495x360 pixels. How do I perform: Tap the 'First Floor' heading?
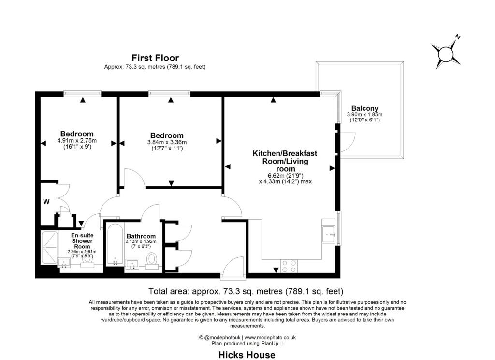pos(155,58)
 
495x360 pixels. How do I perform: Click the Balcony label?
pos(364,108)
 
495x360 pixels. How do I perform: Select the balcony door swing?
pos(347,142)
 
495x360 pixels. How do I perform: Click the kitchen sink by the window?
pos(329,235)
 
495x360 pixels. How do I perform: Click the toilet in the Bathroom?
pos(152,261)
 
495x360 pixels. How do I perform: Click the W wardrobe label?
pos(46,202)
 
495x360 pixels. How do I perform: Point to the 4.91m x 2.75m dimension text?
pos(77,141)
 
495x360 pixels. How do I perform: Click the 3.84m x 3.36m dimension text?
pos(167,142)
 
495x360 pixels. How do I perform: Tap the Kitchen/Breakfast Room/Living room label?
pos(285,161)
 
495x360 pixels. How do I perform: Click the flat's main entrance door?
pos(233,268)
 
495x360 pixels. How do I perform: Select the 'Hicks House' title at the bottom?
pos(247,355)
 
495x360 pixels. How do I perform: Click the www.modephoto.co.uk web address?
pos(270,338)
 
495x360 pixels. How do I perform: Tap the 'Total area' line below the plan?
pos(246,291)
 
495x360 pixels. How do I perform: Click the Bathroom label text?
pos(141,236)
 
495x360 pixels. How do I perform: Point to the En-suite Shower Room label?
pos(82,241)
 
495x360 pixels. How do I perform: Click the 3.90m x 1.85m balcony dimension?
pos(364,114)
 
